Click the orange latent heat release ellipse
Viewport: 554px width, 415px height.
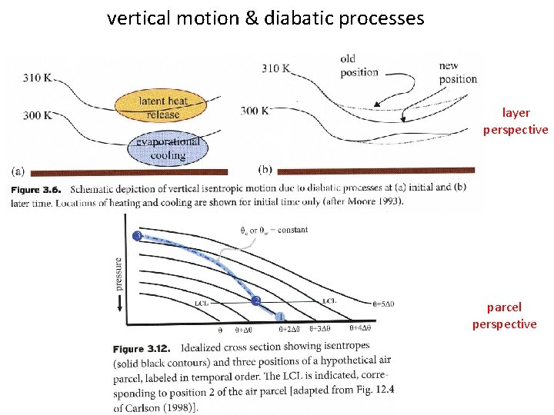click(x=162, y=108)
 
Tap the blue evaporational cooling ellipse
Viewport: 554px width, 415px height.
click(x=168, y=148)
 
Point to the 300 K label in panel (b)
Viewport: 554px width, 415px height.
click(x=255, y=111)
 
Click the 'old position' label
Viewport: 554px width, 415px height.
click(x=359, y=65)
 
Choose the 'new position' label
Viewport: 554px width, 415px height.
click(x=458, y=72)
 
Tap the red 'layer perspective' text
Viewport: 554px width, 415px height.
click(x=516, y=121)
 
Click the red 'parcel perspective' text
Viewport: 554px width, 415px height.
click(x=504, y=316)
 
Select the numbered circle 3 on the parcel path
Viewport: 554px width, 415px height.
click(x=137, y=235)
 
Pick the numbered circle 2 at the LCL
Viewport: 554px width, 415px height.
click(x=257, y=300)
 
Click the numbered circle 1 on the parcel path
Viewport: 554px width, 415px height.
click(x=282, y=316)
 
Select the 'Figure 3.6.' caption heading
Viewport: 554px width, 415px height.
click(x=37, y=188)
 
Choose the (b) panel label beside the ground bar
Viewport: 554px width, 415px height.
click(x=266, y=169)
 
